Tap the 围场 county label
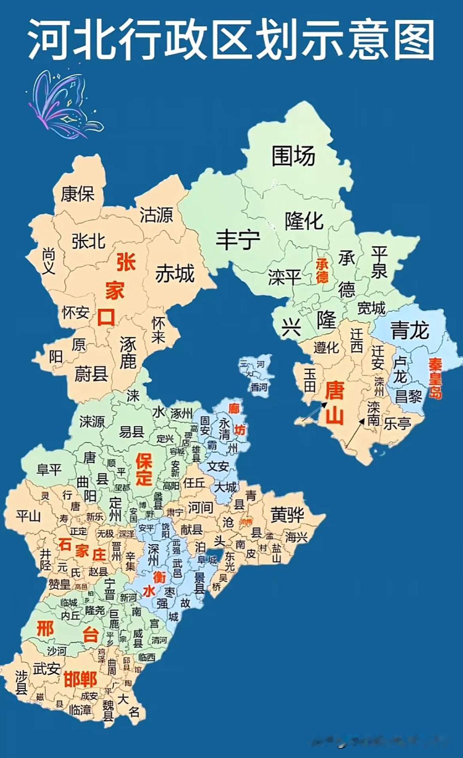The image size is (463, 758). tap(293, 156)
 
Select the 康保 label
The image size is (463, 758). tap(78, 194)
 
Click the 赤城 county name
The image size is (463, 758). tap(175, 274)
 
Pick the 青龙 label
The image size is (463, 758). tap(410, 331)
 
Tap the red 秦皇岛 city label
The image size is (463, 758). tap(435, 378)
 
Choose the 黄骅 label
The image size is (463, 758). tap(287, 515)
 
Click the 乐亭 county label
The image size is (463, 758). tap(397, 424)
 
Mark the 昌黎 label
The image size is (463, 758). tap(408, 397)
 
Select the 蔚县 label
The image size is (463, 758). tap(91, 374)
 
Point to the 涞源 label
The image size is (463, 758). tap(92, 422)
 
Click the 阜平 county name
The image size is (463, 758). tap(49, 470)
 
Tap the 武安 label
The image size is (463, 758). tap(46, 668)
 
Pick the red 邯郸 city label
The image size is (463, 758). tap(80, 679)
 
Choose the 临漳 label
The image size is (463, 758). tap(80, 710)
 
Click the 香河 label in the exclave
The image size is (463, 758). tap(259, 387)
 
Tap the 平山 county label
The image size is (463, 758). tap(28, 516)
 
